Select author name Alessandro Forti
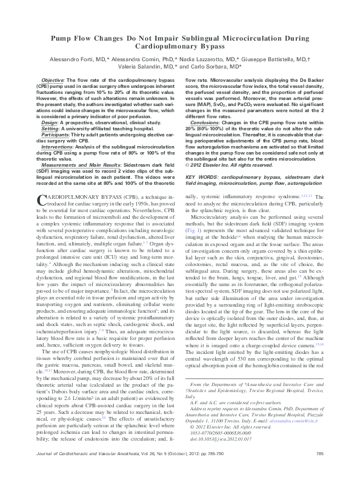(x=75, y=60)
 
